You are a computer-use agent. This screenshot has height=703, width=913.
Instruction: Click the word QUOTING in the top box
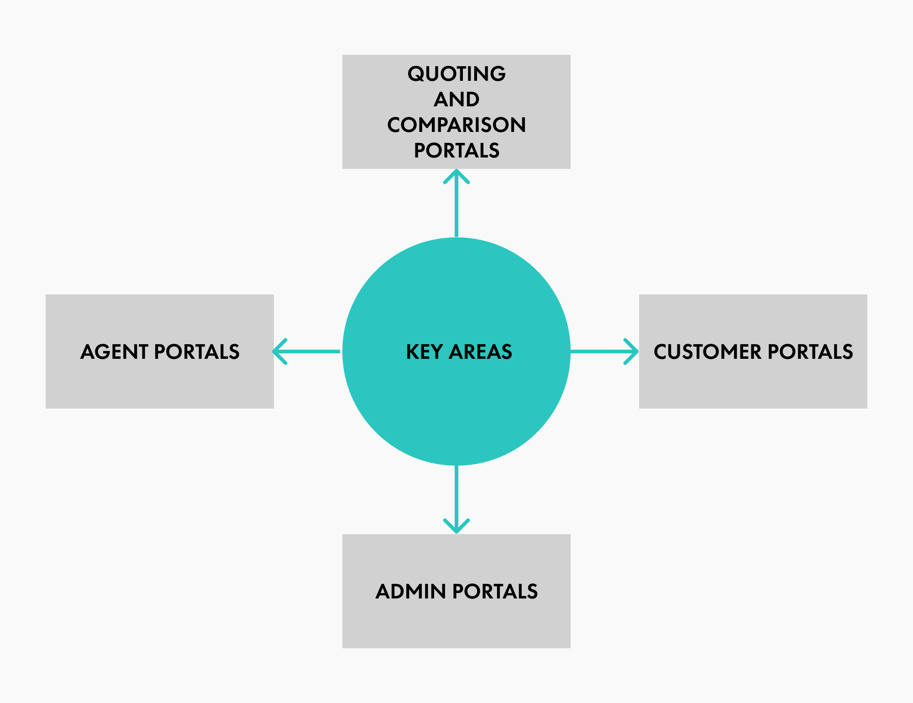point(456,74)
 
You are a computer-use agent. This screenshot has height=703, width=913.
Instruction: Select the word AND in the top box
point(456,100)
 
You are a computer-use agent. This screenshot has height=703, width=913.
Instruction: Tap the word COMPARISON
point(456,125)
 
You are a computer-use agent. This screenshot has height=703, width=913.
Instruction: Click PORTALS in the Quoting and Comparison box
point(456,151)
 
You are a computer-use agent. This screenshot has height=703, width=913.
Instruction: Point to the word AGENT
point(114,352)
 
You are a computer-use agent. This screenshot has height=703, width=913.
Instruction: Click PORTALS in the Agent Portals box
point(197,352)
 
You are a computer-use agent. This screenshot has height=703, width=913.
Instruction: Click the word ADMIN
point(411,592)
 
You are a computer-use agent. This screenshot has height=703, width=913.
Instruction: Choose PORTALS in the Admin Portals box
point(495,592)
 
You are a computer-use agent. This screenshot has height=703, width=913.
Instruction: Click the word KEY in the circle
point(424,352)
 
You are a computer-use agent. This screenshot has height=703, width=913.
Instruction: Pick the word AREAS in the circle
point(481,352)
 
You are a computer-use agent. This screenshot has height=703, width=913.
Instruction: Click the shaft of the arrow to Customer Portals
point(598,351)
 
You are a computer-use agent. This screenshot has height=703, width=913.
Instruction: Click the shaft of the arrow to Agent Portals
point(315,351)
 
